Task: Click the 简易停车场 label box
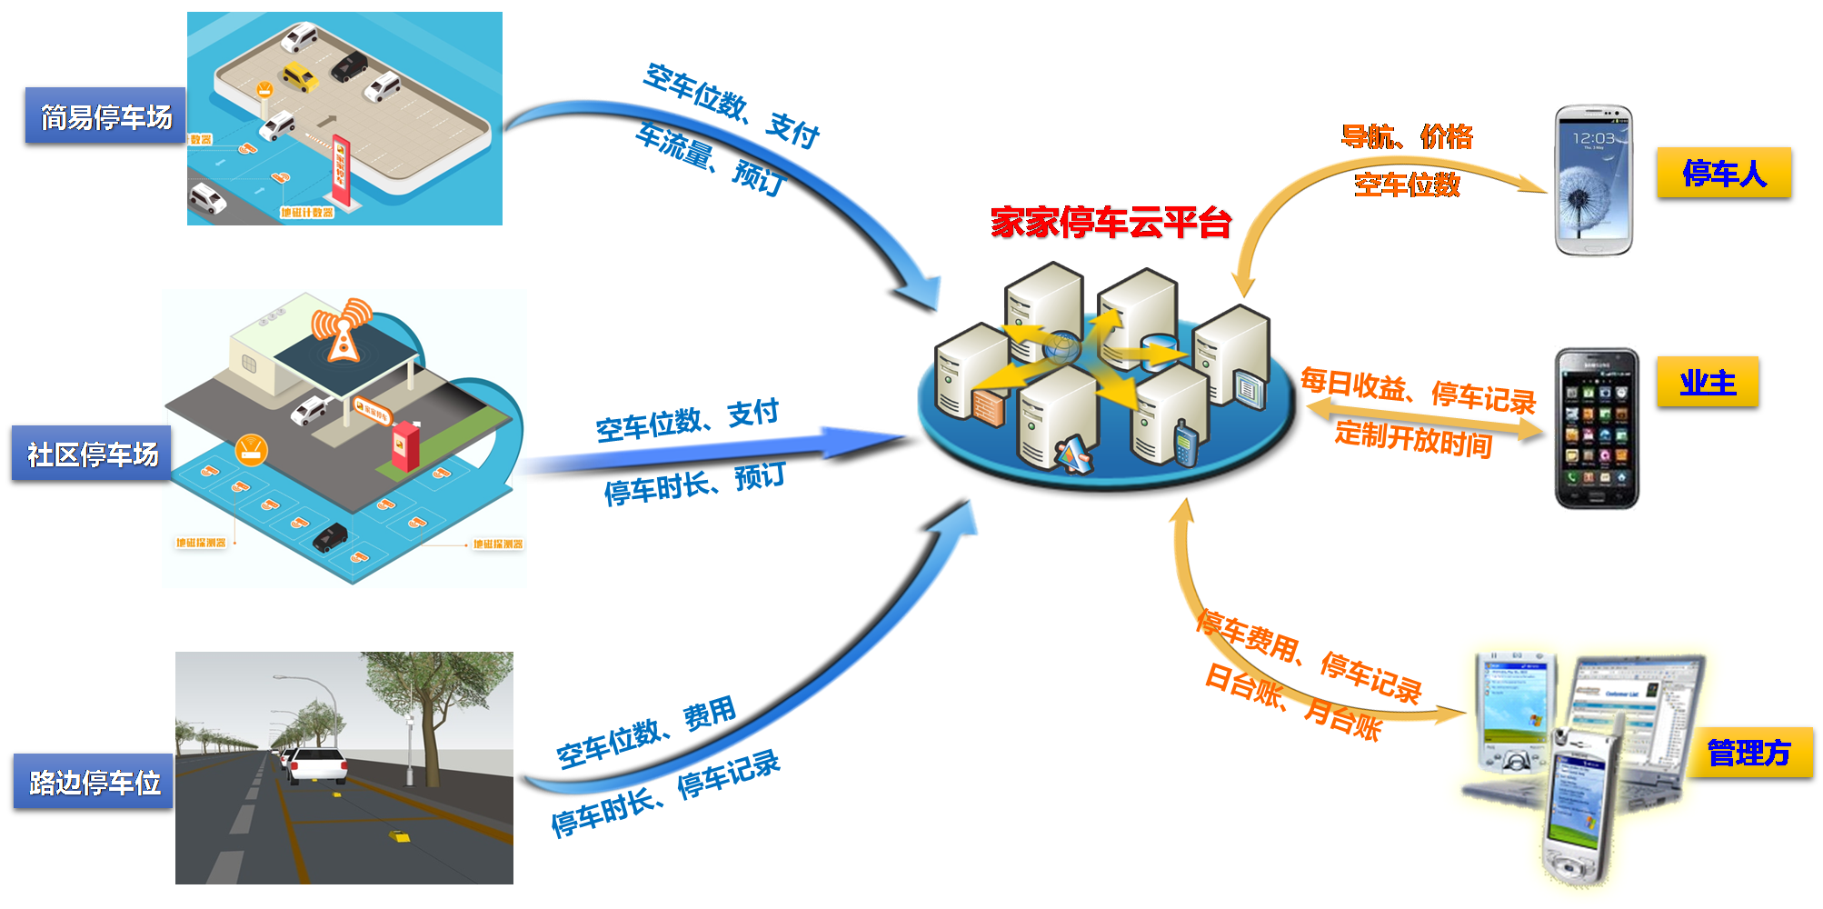[x=105, y=116]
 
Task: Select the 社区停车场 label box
[x=92, y=454]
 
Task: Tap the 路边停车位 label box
[x=94, y=782]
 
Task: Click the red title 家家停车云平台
[x=1110, y=223]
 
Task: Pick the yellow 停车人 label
[x=1723, y=173]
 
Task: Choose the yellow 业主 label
[x=1707, y=383]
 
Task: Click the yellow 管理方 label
[x=1748, y=753]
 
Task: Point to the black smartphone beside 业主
[x=1597, y=427]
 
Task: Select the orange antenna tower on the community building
[x=343, y=330]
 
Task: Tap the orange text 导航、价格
[x=1407, y=137]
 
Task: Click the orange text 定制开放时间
[x=1413, y=438]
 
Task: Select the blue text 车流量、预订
[x=709, y=158]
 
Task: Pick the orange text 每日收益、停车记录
[x=1418, y=390]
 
